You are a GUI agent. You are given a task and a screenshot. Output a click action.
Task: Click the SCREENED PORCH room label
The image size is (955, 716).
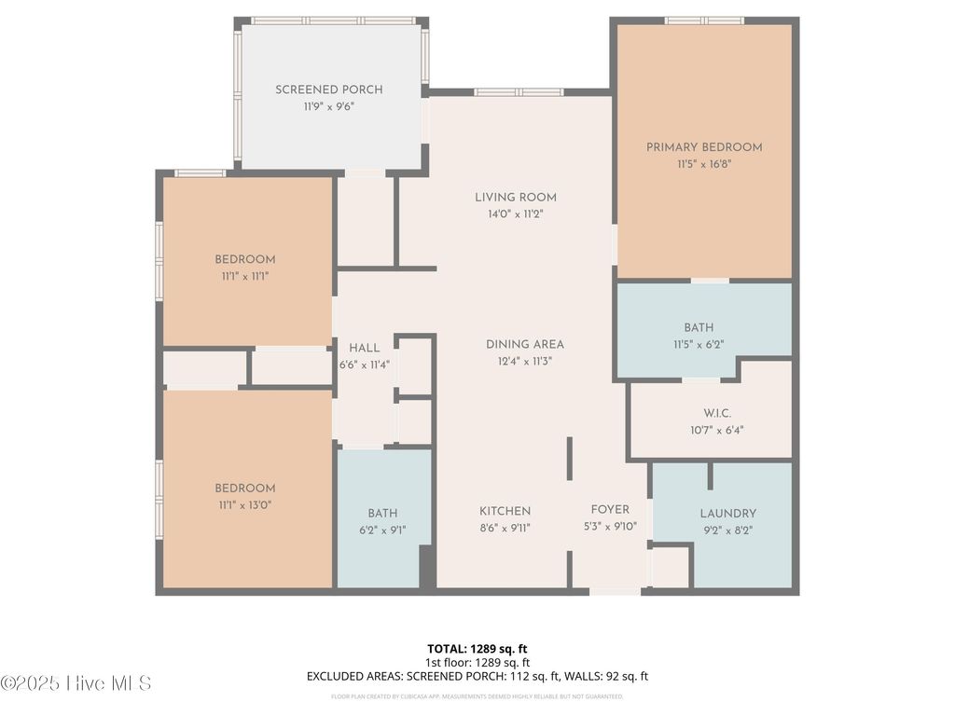pos(328,89)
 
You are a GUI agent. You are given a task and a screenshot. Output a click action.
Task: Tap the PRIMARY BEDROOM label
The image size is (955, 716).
pos(704,147)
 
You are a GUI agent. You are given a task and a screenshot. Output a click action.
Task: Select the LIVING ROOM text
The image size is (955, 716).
pos(516,197)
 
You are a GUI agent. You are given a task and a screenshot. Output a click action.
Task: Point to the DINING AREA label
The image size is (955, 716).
pos(524,344)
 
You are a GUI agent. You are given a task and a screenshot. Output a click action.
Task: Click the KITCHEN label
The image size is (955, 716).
pos(505,511)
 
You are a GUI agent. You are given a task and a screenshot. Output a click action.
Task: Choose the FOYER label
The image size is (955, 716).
pos(610,509)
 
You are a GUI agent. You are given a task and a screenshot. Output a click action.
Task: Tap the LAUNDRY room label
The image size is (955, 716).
pos(727,514)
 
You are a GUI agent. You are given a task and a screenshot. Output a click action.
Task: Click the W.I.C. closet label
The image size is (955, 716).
pos(717,413)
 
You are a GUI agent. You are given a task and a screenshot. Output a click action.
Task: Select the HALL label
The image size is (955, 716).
pos(364,348)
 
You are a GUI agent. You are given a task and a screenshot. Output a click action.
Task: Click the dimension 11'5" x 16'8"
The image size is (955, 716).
pos(704,164)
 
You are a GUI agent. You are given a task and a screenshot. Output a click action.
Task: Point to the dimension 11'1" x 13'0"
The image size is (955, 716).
pos(245,505)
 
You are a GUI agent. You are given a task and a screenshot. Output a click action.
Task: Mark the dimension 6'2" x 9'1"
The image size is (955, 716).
pos(382,530)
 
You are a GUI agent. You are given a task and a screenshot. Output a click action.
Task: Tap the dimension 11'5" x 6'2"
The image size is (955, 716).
pos(699,344)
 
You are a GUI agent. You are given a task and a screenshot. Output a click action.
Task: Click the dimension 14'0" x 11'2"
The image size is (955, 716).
pos(516,213)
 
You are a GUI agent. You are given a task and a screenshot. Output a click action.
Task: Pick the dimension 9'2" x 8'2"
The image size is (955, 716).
pos(727,530)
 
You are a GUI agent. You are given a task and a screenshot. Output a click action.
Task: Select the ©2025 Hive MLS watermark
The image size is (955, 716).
pos(76,683)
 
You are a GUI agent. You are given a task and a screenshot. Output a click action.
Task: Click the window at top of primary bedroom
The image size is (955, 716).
pos(704,21)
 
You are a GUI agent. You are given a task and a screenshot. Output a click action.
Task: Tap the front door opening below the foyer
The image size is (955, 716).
pos(616,591)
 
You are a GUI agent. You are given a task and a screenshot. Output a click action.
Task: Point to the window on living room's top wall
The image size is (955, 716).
pos(519,92)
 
